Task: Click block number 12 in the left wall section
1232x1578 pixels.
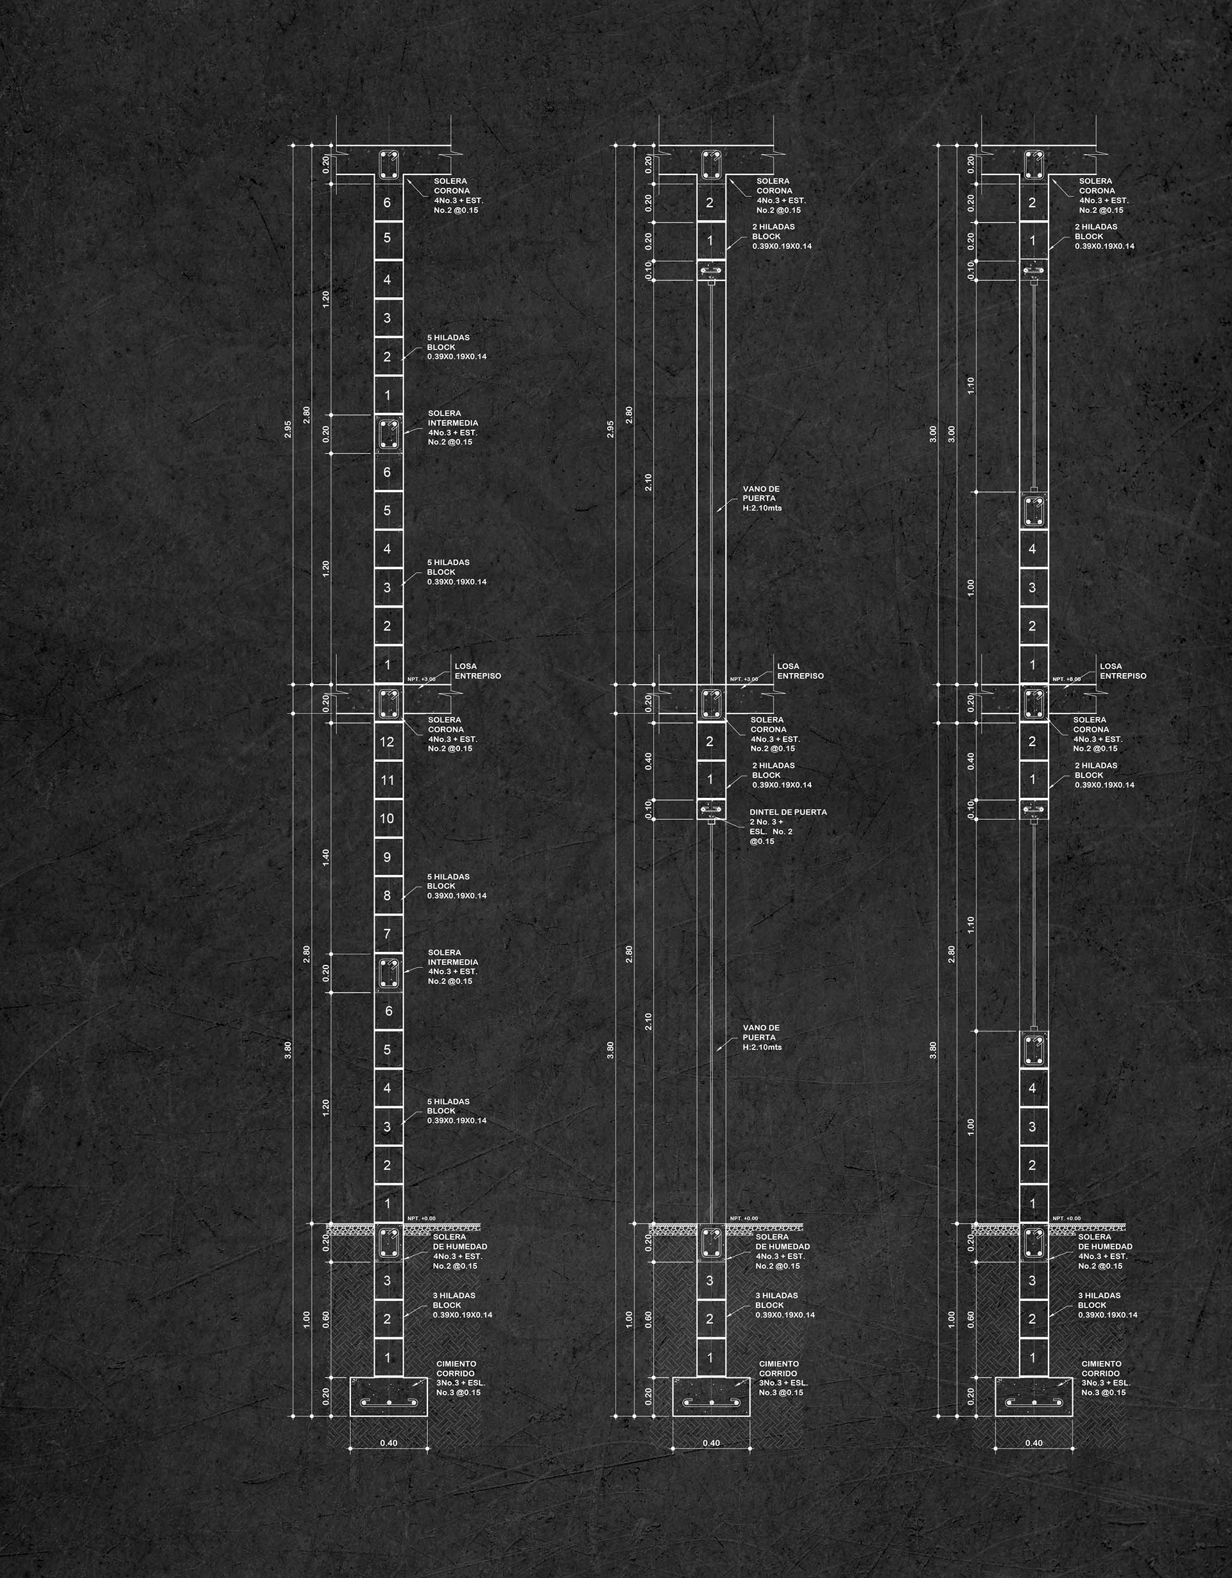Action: (388, 742)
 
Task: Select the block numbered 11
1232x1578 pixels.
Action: (388, 780)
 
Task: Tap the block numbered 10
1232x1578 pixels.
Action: (388, 819)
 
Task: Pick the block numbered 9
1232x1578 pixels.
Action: (388, 857)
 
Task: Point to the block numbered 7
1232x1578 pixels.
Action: (388, 934)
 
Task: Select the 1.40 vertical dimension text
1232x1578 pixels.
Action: (326, 858)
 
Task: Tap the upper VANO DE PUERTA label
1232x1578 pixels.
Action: (762, 498)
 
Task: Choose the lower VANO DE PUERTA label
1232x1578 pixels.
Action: (762, 1037)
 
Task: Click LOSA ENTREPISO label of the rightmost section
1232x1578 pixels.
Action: (1122, 671)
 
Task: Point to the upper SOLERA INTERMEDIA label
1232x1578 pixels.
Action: (453, 428)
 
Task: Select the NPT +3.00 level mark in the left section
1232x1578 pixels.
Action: (422, 679)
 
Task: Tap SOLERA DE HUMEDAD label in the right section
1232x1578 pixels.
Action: (1105, 1251)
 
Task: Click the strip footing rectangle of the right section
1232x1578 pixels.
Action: (1034, 1396)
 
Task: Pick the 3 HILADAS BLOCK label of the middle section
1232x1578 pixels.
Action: (783, 1305)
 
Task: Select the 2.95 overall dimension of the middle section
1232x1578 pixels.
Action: (611, 429)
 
